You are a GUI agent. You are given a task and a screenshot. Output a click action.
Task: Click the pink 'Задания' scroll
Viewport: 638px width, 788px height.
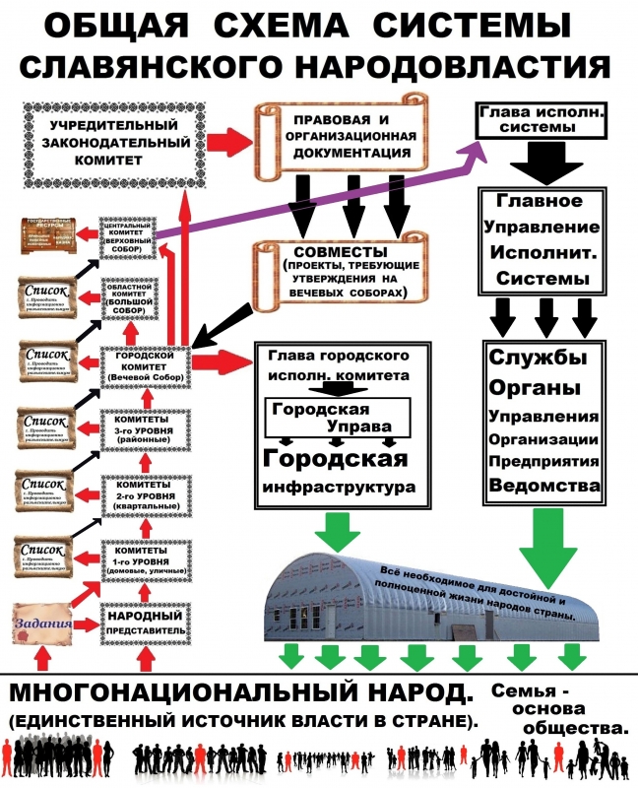click(x=42, y=622)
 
